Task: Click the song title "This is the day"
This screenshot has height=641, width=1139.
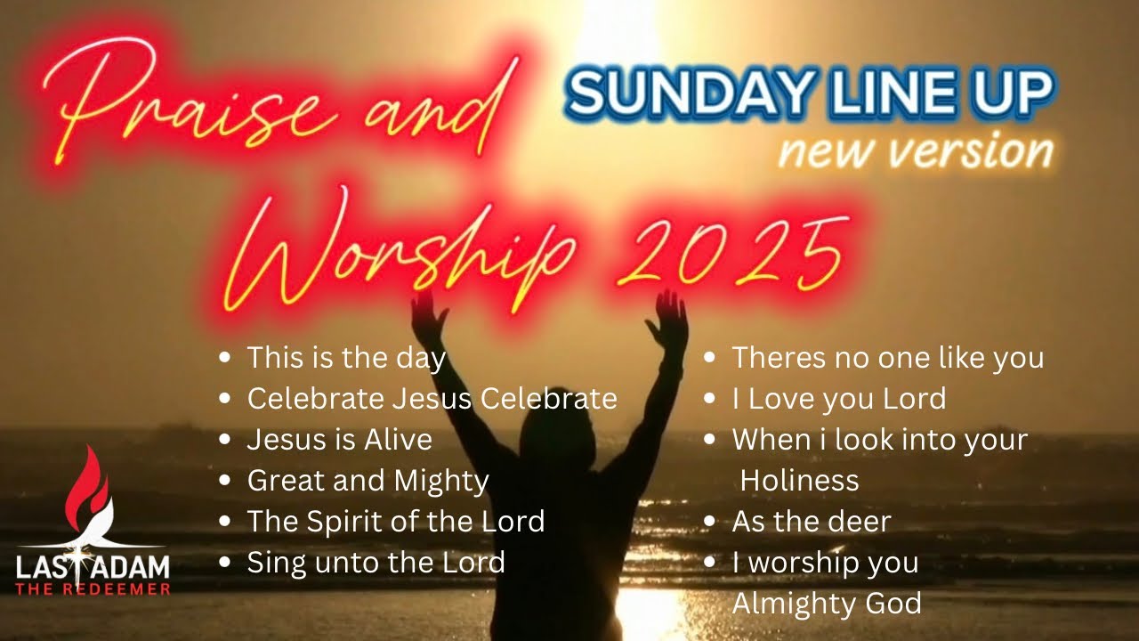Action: (x=346, y=358)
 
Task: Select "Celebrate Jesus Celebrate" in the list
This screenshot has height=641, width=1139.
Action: (x=432, y=399)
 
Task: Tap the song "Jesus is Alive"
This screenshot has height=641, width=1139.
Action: (x=339, y=440)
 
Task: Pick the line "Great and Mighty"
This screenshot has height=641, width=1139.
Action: (x=368, y=481)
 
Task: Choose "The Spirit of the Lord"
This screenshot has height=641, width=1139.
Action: (x=395, y=522)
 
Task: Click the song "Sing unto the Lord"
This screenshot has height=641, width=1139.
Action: (x=376, y=563)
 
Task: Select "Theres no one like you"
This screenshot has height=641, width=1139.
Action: (x=887, y=358)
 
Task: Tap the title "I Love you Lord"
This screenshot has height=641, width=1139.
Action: (x=838, y=399)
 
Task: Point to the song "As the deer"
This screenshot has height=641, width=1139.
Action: (x=811, y=522)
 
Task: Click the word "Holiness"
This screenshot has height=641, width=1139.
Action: (x=799, y=481)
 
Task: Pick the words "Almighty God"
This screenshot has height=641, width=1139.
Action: (x=826, y=604)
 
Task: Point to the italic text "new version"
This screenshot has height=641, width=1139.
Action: (x=915, y=151)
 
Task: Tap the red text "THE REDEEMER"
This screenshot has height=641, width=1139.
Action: (x=93, y=588)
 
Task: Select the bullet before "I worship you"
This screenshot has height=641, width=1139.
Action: (x=710, y=563)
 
